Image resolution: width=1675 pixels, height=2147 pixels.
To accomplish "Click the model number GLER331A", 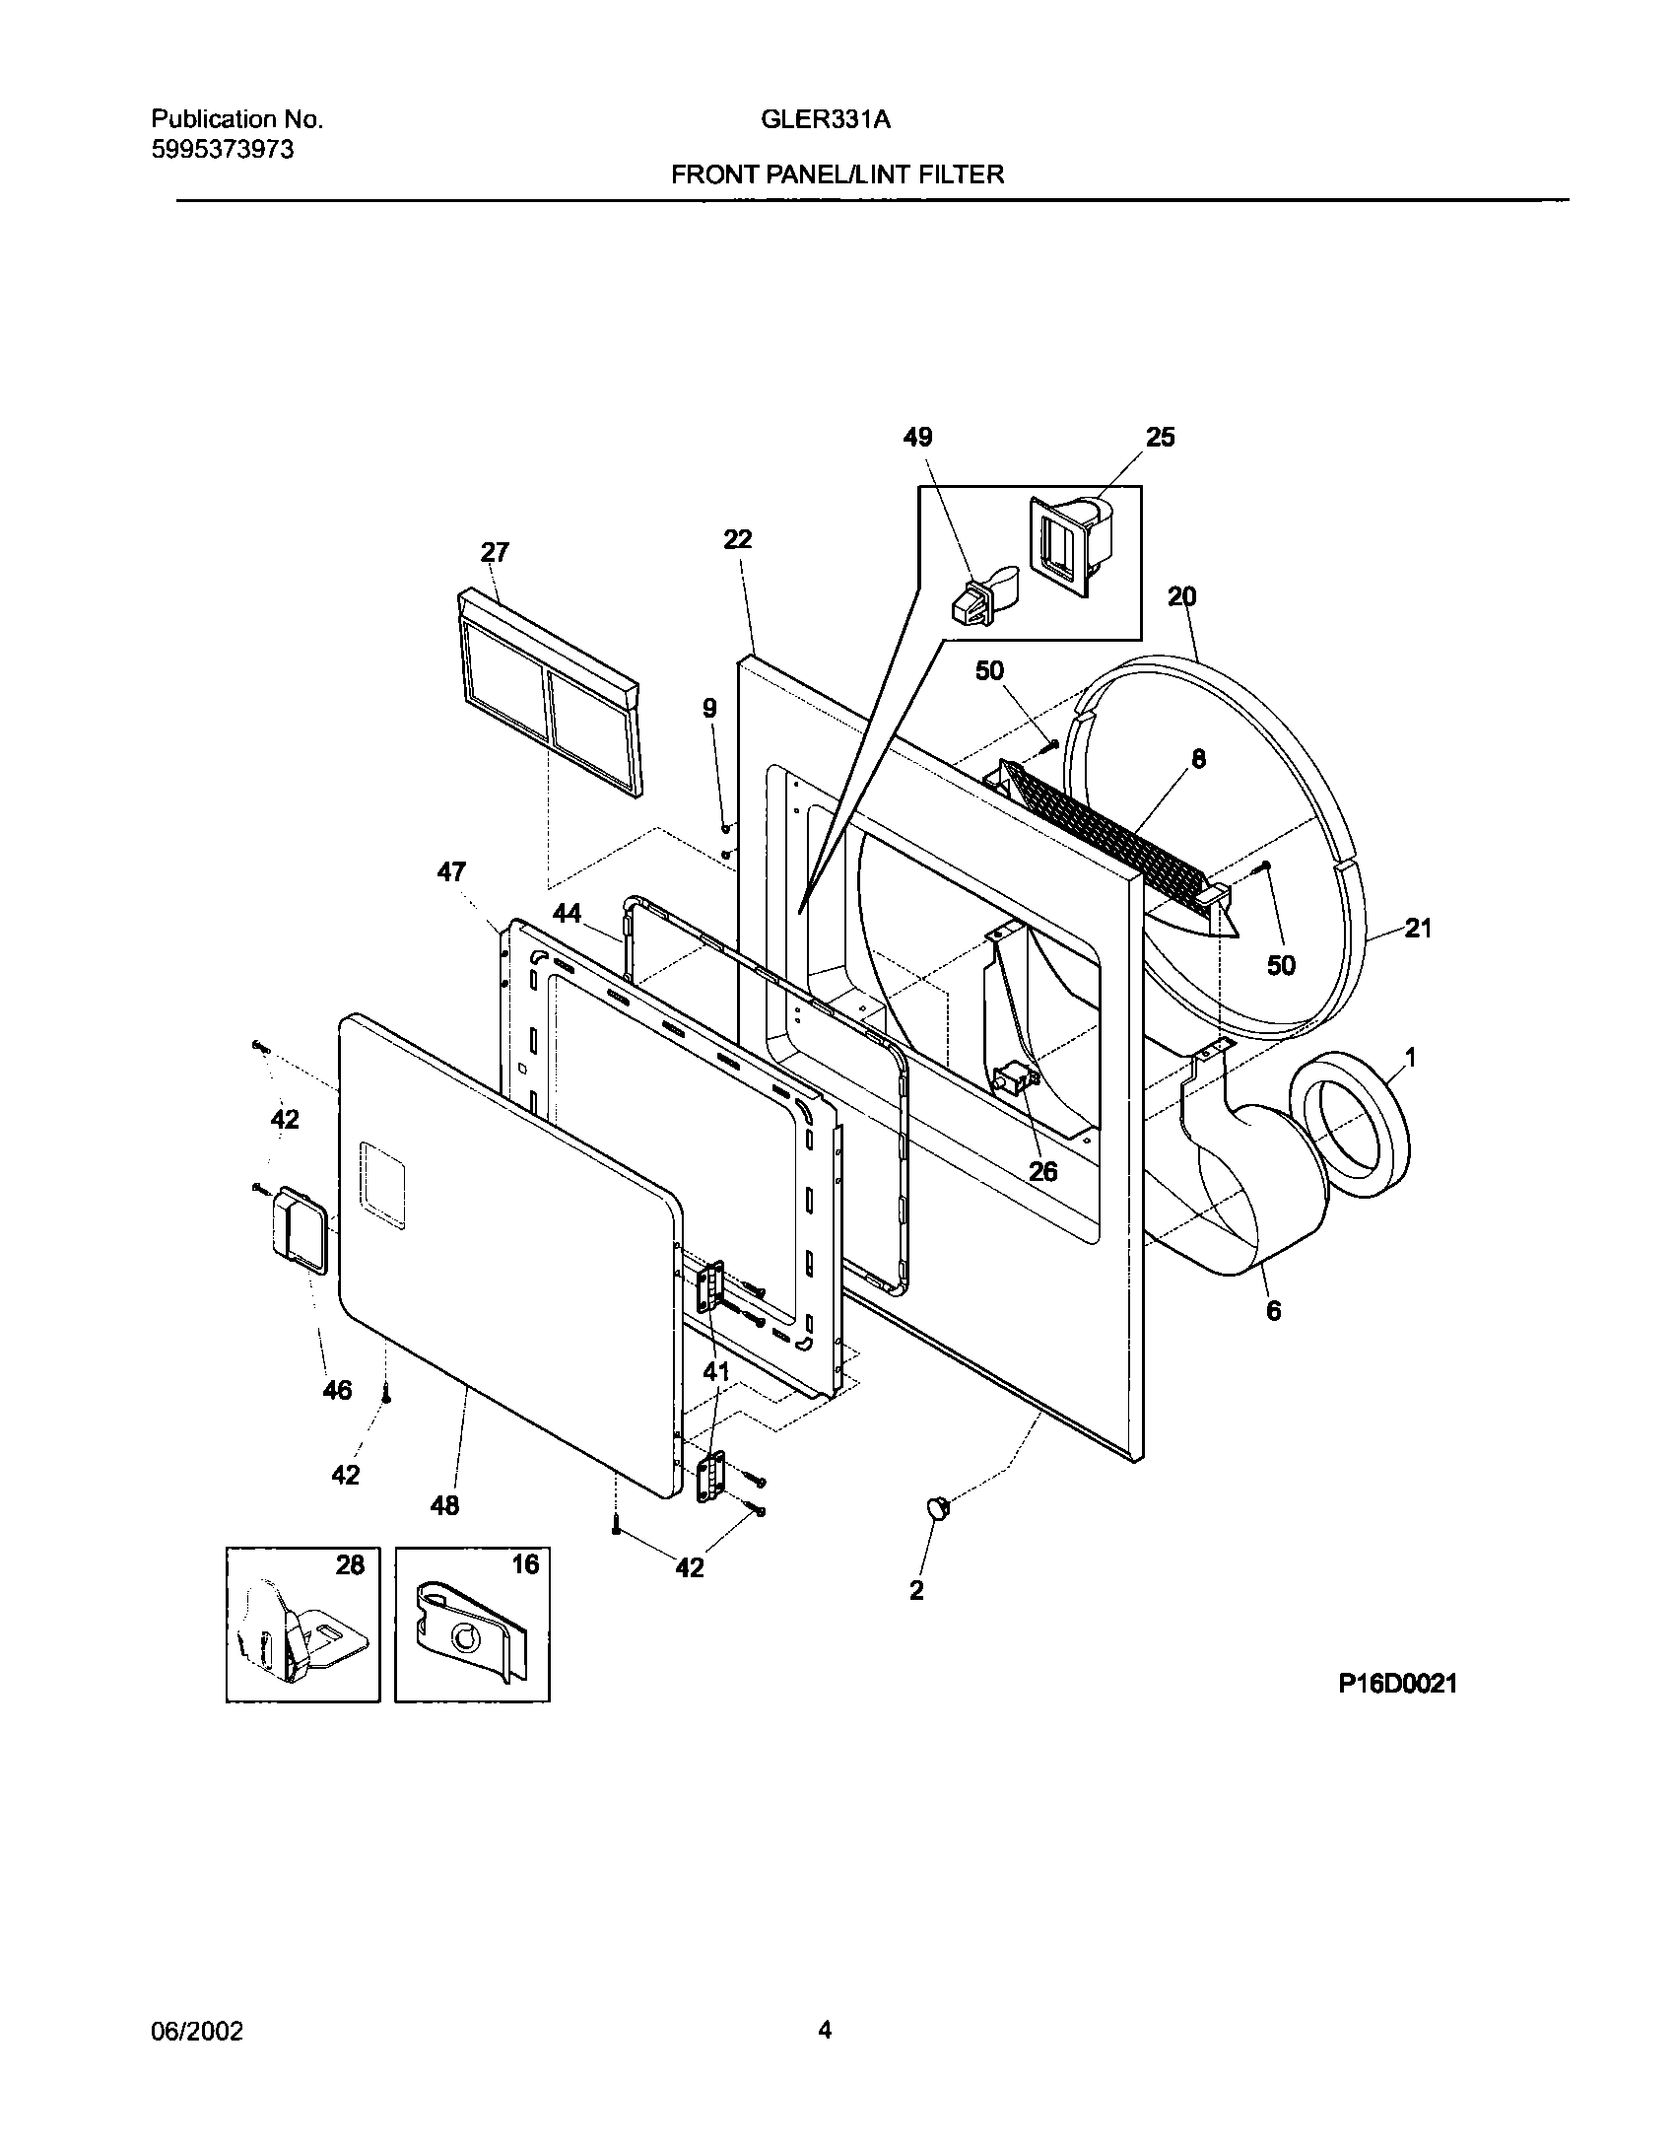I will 825,120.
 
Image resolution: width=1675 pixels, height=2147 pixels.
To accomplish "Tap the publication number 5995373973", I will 223,149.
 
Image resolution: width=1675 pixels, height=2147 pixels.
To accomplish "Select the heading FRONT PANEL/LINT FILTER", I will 837,175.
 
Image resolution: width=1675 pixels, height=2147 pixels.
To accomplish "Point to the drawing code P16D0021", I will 1396,1684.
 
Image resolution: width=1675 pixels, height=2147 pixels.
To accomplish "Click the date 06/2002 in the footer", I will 196,2031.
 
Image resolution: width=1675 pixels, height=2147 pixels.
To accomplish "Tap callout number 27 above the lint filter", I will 494,552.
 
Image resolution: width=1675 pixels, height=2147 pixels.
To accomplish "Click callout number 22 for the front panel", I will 737,539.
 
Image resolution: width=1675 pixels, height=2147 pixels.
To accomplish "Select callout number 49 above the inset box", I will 917,438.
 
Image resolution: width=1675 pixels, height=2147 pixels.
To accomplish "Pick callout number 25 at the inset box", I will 1160,438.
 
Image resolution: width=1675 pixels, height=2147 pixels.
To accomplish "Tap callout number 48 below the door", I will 444,1505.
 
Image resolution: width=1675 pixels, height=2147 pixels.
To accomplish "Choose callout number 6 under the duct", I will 1273,1311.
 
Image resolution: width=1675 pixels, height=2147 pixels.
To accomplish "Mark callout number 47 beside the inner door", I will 451,872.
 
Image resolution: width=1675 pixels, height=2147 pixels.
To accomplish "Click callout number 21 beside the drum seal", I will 1417,928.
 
